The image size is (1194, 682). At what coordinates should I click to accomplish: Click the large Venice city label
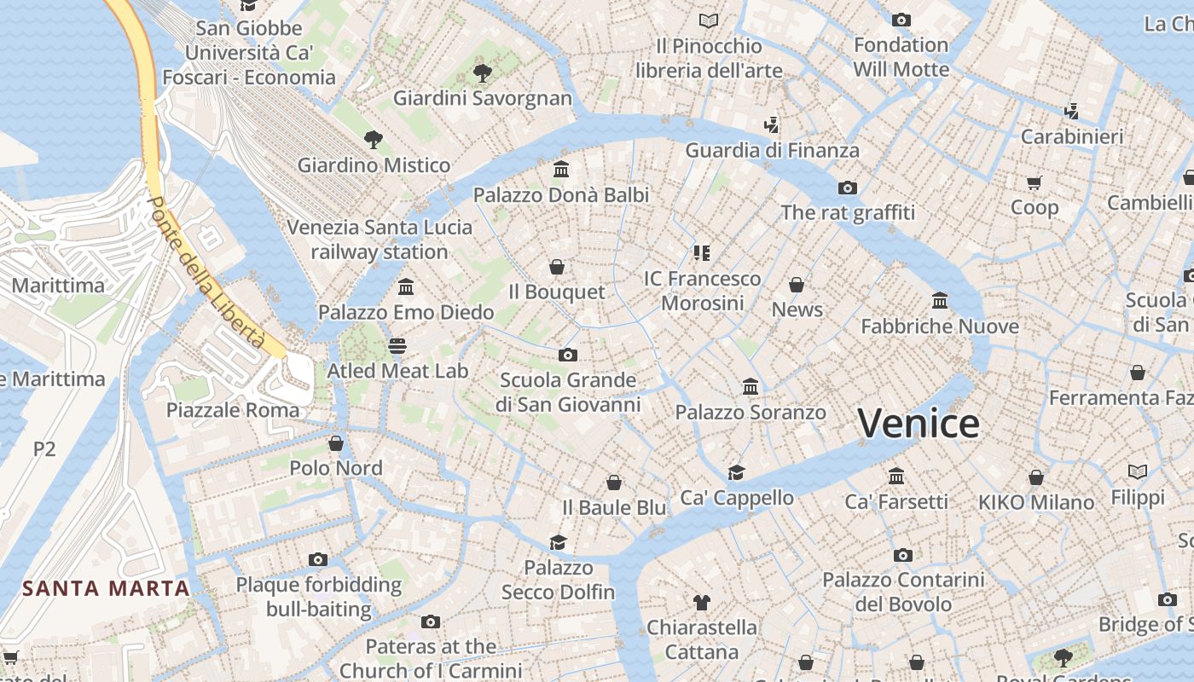tap(919, 424)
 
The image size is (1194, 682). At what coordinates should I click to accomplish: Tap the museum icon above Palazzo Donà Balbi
tap(561, 170)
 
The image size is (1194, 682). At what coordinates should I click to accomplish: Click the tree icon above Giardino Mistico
tap(373, 140)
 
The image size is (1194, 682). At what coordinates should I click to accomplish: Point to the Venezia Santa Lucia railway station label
tap(380, 240)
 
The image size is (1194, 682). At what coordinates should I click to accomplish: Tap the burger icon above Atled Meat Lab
tap(397, 345)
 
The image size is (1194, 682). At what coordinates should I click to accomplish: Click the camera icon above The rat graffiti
tap(847, 188)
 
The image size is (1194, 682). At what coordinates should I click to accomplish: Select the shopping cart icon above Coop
tap(1035, 182)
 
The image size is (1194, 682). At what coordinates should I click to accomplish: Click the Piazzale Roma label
tap(233, 410)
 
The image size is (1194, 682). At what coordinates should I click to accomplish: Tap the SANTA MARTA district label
tap(106, 588)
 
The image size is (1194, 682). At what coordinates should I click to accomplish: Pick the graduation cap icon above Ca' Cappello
tap(736, 472)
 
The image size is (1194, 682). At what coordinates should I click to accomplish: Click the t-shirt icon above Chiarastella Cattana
tap(701, 603)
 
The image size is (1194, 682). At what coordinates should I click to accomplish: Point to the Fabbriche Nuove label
tap(940, 327)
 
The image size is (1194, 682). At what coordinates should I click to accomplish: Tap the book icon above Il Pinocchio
tap(708, 20)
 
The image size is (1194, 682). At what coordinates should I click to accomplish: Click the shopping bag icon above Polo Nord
tap(336, 443)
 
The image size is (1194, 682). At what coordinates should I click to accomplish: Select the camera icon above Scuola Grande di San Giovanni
tap(568, 355)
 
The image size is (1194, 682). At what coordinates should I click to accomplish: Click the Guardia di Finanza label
tap(773, 151)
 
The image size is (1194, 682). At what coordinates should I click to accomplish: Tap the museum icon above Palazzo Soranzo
tap(751, 387)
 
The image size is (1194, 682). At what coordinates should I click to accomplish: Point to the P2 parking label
tap(44, 448)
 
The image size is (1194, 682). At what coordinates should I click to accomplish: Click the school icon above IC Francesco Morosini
tap(702, 253)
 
